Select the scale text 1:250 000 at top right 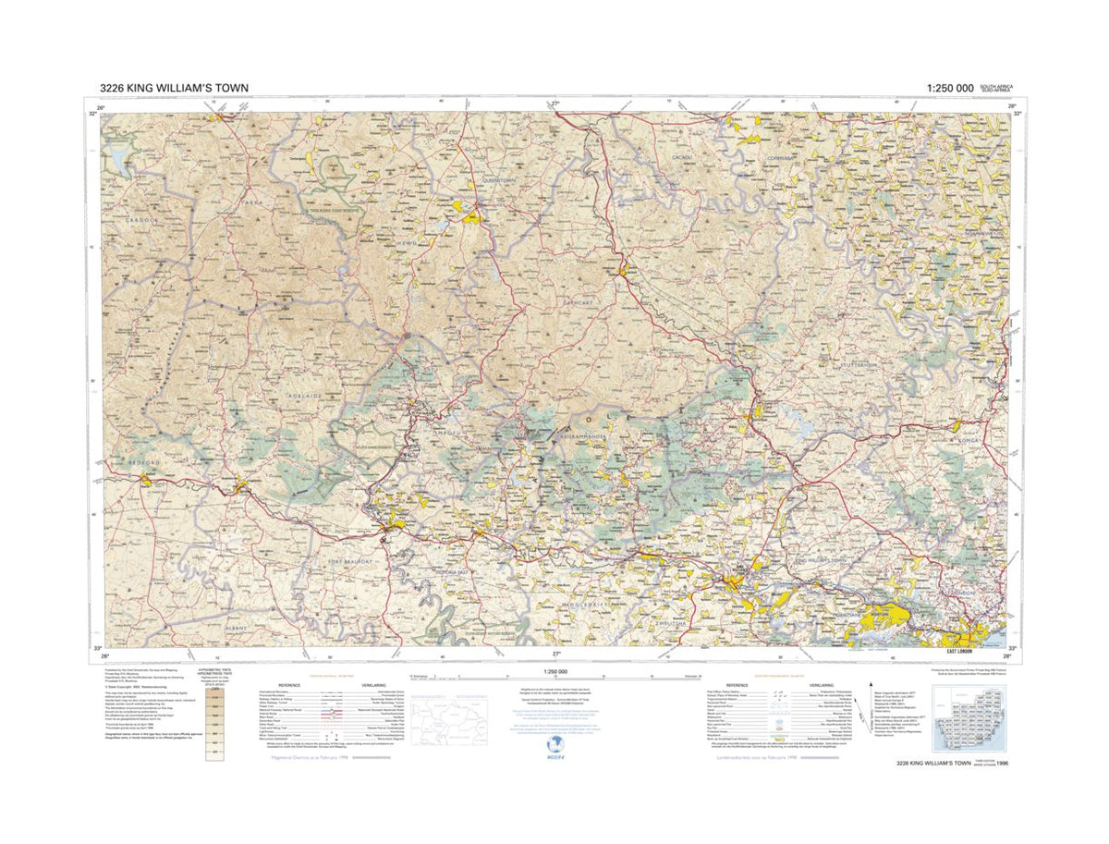click(947, 89)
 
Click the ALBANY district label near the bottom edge click(238, 627)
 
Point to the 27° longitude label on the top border click(554, 104)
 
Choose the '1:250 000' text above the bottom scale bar click(554, 672)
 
